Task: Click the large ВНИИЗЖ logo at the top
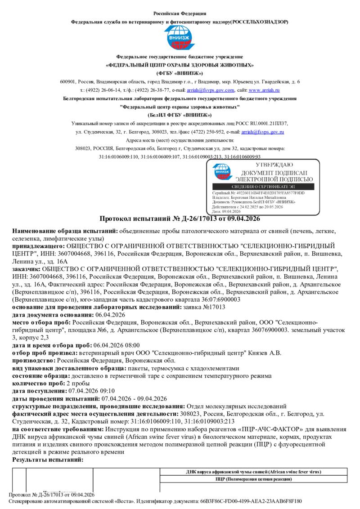point(180,38)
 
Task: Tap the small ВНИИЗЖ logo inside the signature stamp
point(222,172)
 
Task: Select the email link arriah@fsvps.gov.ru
point(262,132)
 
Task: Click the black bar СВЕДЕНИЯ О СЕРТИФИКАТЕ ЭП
point(265,187)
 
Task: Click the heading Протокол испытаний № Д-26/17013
point(180,219)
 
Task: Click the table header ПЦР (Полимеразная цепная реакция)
point(253,479)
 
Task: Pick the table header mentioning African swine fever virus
point(253,472)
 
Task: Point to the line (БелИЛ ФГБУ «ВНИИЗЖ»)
point(180,115)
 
